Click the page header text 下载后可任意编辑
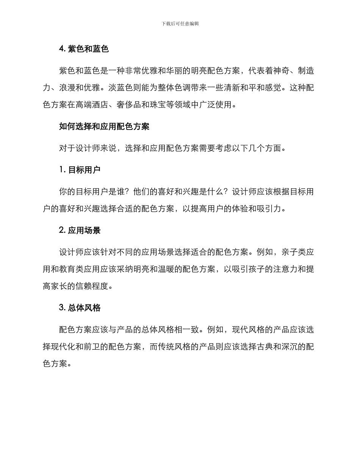(180, 23)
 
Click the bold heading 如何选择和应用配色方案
(104, 127)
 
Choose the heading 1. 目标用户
(80, 170)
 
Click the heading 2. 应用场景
(80, 230)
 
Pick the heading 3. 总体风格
(80, 308)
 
